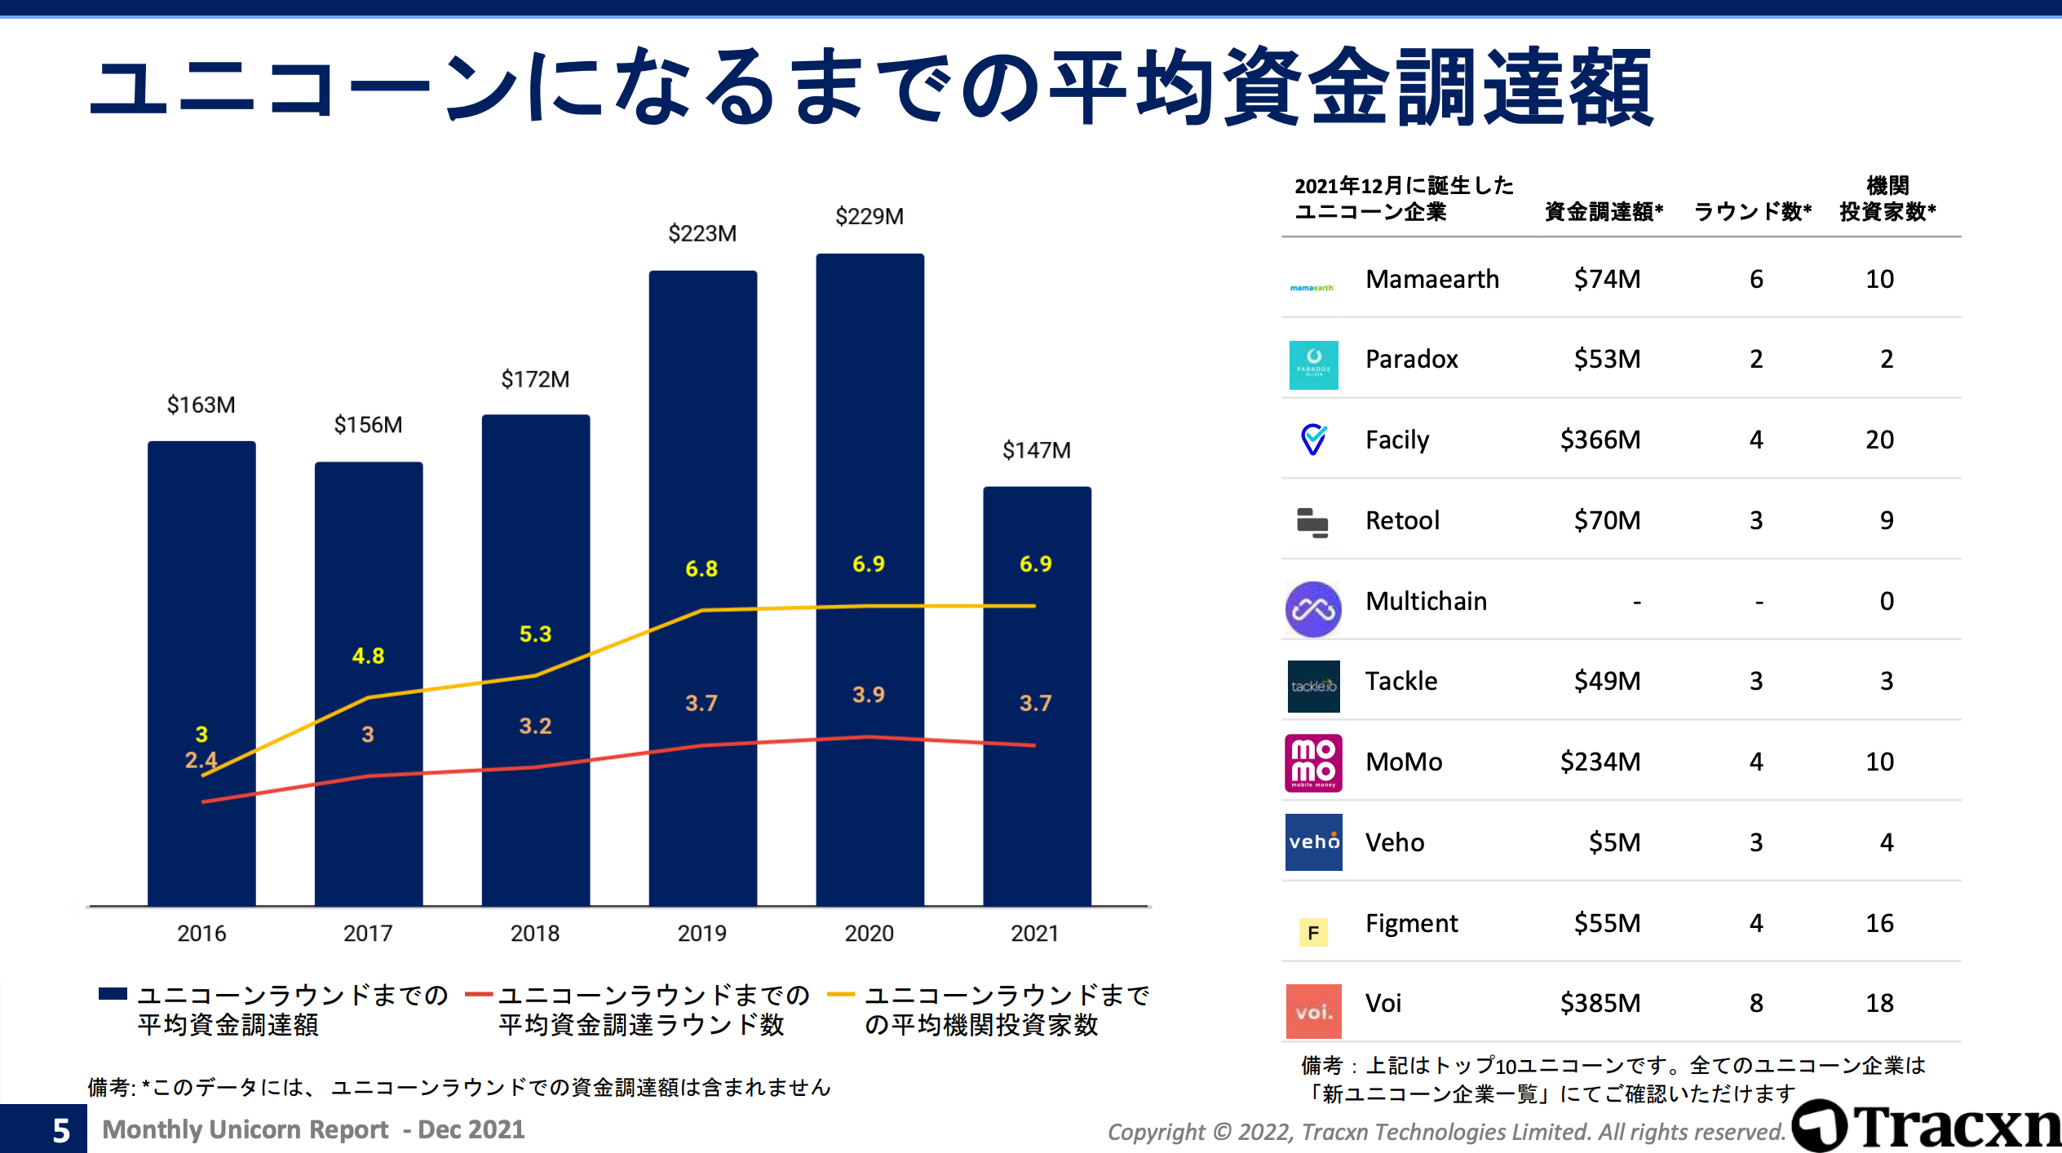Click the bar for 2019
tap(702, 587)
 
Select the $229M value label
tap(869, 217)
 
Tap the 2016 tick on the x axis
tap(201, 933)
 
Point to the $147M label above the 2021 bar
tap(1036, 450)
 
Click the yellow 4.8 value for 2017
tap(368, 656)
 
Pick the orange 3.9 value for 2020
tap(869, 695)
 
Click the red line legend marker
tap(479, 995)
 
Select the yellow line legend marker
tap(840, 995)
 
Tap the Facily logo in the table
tap(1313, 440)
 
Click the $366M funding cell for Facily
tap(1600, 440)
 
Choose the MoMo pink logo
tap(1313, 762)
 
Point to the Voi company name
tap(1383, 1003)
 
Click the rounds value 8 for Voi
tap(1756, 1003)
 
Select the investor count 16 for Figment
tap(1879, 923)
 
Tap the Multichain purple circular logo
tap(1313, 609)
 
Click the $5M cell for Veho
tap(1613, 842)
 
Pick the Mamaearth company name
tap(1432, 280)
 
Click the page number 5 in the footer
tap(61, 1131)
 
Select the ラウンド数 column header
tap(1752, 212)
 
